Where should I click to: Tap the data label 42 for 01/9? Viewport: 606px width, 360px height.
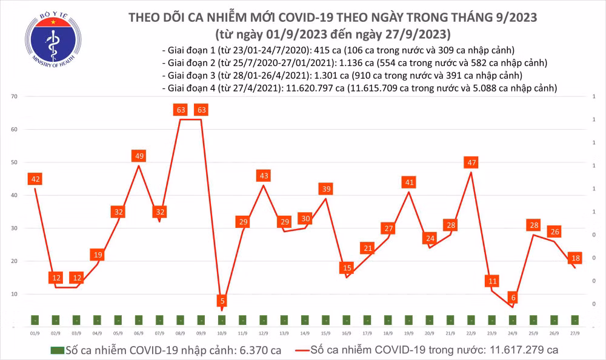[x=35, y=179]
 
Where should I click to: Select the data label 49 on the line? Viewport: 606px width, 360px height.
[x=139, y=156]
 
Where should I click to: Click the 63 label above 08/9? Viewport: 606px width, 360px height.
[x=180, y=110]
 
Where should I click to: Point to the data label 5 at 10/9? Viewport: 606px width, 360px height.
[x=222, y=301]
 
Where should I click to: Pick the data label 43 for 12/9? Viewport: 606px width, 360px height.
[x=263, y=176]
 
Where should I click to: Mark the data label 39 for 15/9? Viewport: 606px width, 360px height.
[x=326, y=189]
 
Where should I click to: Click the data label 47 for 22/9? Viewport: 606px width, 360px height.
[x=471, y=162]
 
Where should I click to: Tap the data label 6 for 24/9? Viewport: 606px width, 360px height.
[x=513, y=298]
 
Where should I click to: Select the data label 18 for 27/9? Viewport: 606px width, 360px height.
[x=574, y=258]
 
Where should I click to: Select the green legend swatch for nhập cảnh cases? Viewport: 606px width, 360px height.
[x=57, y=350]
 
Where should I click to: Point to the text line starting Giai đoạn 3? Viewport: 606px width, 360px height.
[x=343, y=76]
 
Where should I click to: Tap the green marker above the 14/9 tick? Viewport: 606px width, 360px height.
[x=305, y=320]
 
